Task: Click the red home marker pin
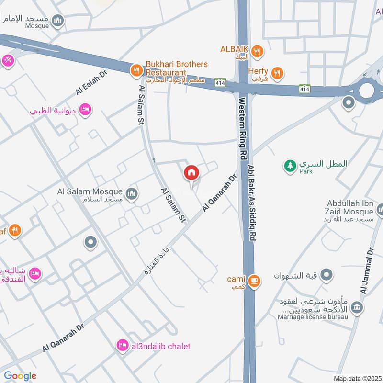[191, 173]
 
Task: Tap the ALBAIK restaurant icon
[258, 51]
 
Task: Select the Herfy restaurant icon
[277, 73]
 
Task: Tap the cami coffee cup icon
[255, 281]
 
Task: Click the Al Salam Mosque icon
[133, 194]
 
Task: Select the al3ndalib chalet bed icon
[123, 345]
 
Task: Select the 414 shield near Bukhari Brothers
[220, 82]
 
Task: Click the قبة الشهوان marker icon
[327, 275]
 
